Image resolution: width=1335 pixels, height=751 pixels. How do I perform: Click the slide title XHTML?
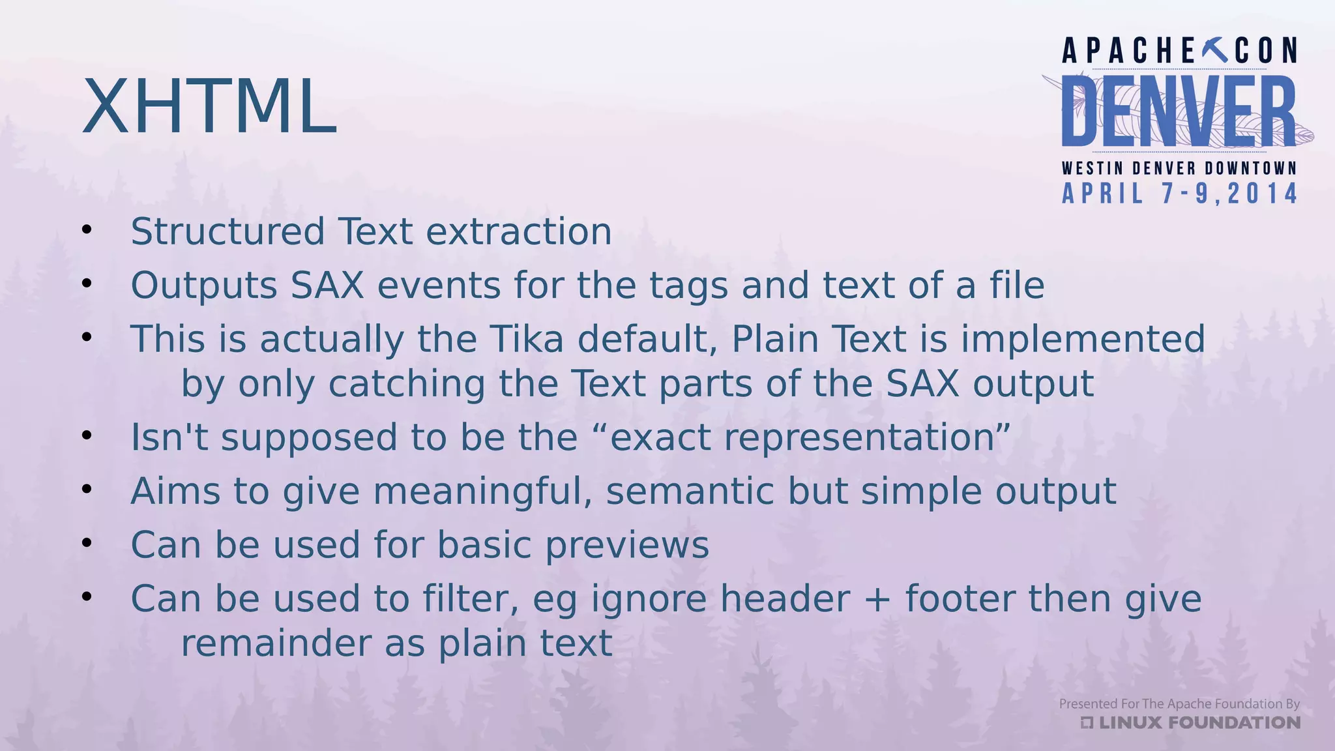point(209,106)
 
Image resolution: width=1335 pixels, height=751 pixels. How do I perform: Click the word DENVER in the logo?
point(1179,111)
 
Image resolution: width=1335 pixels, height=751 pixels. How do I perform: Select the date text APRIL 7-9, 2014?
point(1180,194)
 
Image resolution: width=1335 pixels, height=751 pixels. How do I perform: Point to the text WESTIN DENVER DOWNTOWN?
point(1179,168)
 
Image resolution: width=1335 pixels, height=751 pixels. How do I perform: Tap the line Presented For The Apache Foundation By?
point(1179,703)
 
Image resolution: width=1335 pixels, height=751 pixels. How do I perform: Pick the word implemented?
point(1083,339)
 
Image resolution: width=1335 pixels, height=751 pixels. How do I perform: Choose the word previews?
point(626,545)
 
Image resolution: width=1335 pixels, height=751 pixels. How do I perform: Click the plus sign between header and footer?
point(877,600)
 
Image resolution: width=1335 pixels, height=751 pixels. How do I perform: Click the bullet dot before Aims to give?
point(87,489)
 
